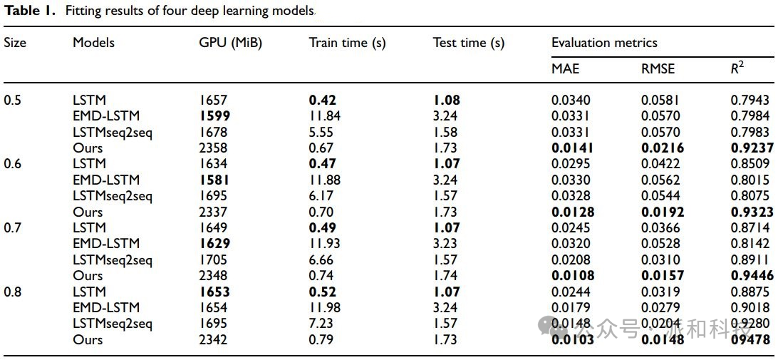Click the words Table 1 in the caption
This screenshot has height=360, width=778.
coord(26,11)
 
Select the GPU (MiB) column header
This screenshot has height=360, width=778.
coord(230,43)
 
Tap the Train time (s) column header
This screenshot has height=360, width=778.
coord(347,43)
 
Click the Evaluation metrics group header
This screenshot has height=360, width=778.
coord(605,43)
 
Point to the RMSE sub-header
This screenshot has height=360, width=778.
coord(658,69)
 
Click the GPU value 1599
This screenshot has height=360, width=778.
coord(214,115)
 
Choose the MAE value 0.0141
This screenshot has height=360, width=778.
coord(573,148)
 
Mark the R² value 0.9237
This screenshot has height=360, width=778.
coord(751,148)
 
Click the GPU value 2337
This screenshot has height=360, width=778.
coord(213,212)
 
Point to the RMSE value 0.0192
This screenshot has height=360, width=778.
coord(663,212)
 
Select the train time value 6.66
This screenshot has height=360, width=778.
coord(321,259)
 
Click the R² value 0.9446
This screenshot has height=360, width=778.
coord(751,275)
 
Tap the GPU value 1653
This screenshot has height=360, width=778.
coord(214,292)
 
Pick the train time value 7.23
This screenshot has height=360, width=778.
coord(321,324)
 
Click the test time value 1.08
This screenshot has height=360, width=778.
coord(447,100)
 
